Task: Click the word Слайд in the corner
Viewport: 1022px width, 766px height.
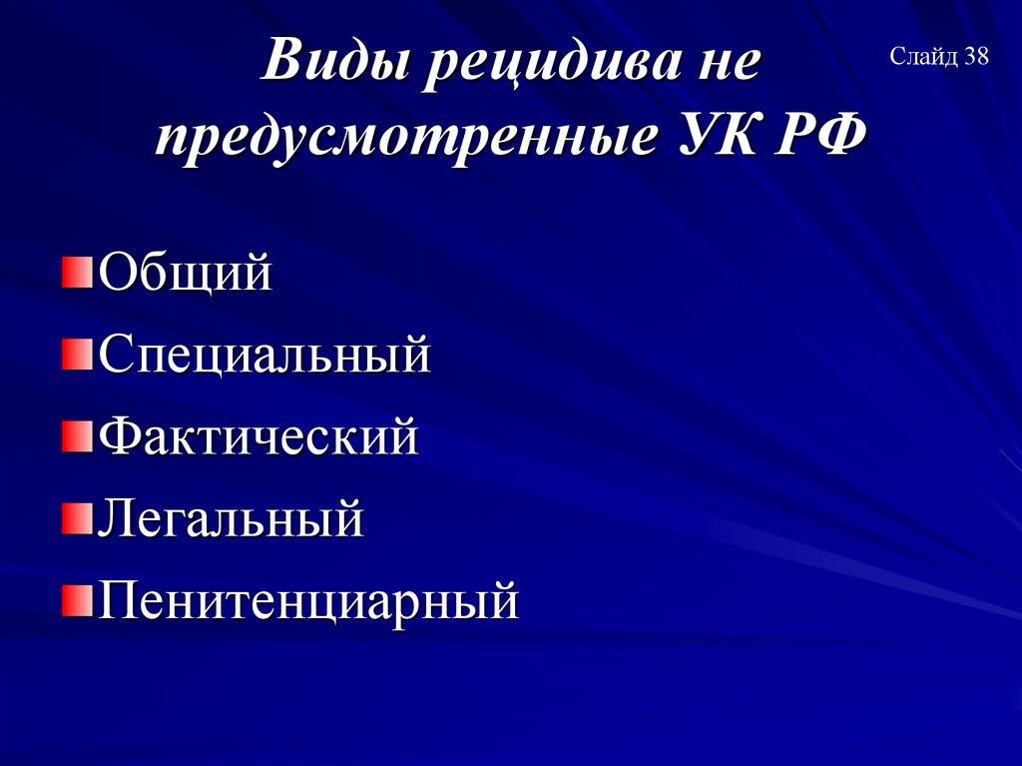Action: pyautogui.click(x=924, y=57)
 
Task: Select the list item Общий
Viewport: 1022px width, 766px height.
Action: pyautogui.click(x=185, y=273)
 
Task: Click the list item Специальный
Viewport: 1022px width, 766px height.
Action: pyautogui.click(x=263, y=356)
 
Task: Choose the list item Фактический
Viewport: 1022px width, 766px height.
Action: pyautogui.click(x=257, y=437)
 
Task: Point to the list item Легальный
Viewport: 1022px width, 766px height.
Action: pyautogui.click(x=230, y=519)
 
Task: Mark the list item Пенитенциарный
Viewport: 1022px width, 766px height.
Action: pyautogui.click(x=308, y=602)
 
